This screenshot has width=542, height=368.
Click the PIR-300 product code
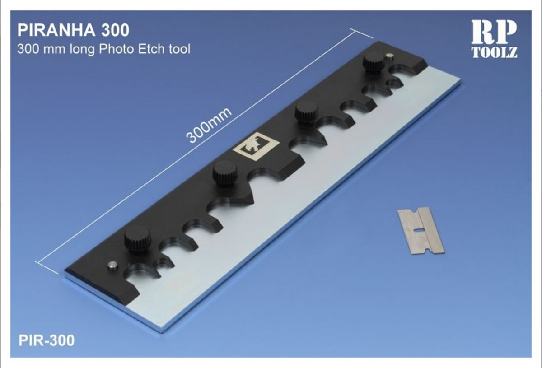(x=47, y=340)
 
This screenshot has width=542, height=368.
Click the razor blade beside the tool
(x=421, y=231)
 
